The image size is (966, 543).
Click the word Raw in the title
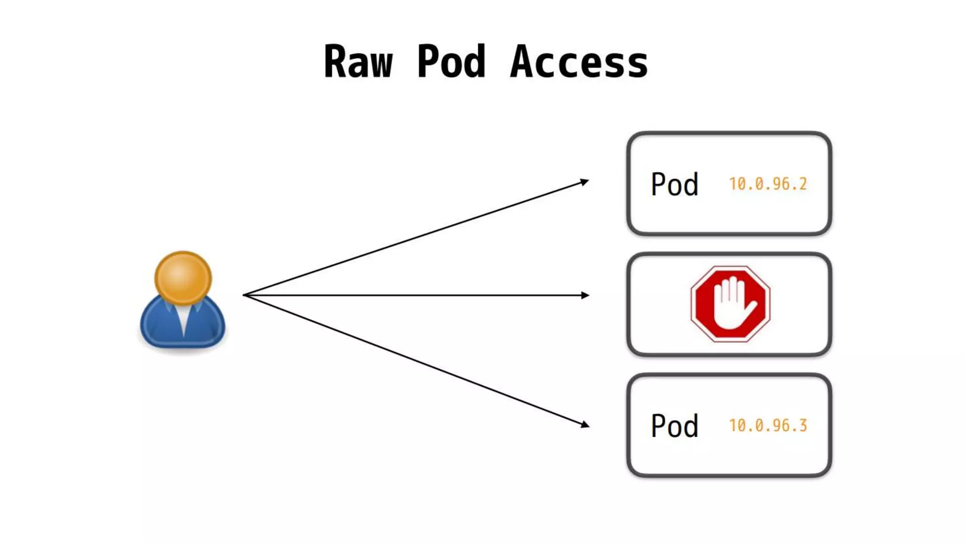(358, 62)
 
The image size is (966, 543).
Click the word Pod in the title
(451, 62)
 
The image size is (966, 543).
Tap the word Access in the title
(579, 62)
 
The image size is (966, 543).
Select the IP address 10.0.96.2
(768, 184)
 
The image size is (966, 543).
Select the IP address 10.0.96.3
(768, 426)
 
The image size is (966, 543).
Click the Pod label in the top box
(675, 184)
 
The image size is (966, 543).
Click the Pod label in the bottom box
(675, 426)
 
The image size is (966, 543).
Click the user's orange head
(183, 278)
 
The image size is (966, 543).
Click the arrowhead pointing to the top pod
(584, 182)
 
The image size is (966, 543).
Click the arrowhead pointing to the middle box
(585, 295)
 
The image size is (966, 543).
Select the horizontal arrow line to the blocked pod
(415, 295)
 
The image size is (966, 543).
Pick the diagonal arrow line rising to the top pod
(415, 239)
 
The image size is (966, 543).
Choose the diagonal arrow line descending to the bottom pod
(415, 360)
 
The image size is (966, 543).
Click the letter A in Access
(525, 62)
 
